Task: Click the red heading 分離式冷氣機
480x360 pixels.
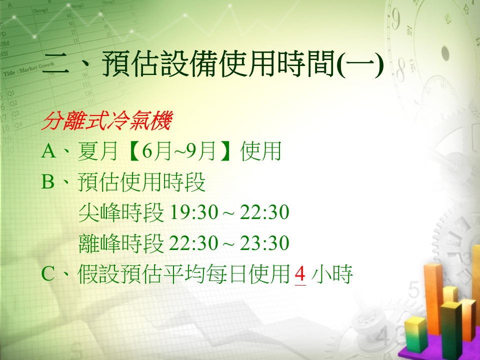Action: pos(107,120)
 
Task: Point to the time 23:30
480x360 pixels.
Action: pos(264,243)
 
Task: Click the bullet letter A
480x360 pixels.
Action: pos(48,151)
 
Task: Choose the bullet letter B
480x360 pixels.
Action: pos(48,181)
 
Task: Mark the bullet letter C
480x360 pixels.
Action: pos(48,273)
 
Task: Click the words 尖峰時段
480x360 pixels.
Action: pos(121,212)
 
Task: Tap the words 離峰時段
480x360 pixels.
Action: pos(121,243)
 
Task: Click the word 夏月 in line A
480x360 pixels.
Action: pos(98,151)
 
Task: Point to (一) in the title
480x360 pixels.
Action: pos(360,63)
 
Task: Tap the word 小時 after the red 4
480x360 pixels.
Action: pos(332,273)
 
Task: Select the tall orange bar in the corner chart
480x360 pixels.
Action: pos(433,298)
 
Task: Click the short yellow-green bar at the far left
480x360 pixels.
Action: pos(415,334)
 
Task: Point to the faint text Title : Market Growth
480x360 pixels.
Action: pos(29,69)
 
